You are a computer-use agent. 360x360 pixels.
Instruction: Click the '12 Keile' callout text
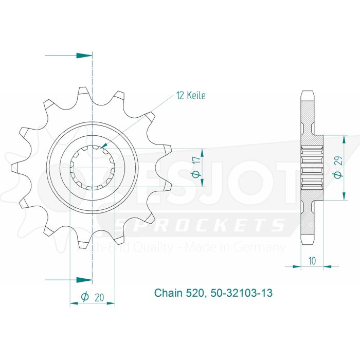[x=191, y=96]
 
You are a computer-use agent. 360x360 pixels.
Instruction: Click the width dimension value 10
[x=312, y=261]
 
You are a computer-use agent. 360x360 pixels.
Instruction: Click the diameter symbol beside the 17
[x=195, y=175]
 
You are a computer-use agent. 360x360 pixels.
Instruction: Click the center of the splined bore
[x=92, y=168]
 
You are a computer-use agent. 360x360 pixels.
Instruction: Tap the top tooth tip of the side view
[x=307, y=93]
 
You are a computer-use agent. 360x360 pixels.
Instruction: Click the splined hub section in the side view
[x=312, y=168]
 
